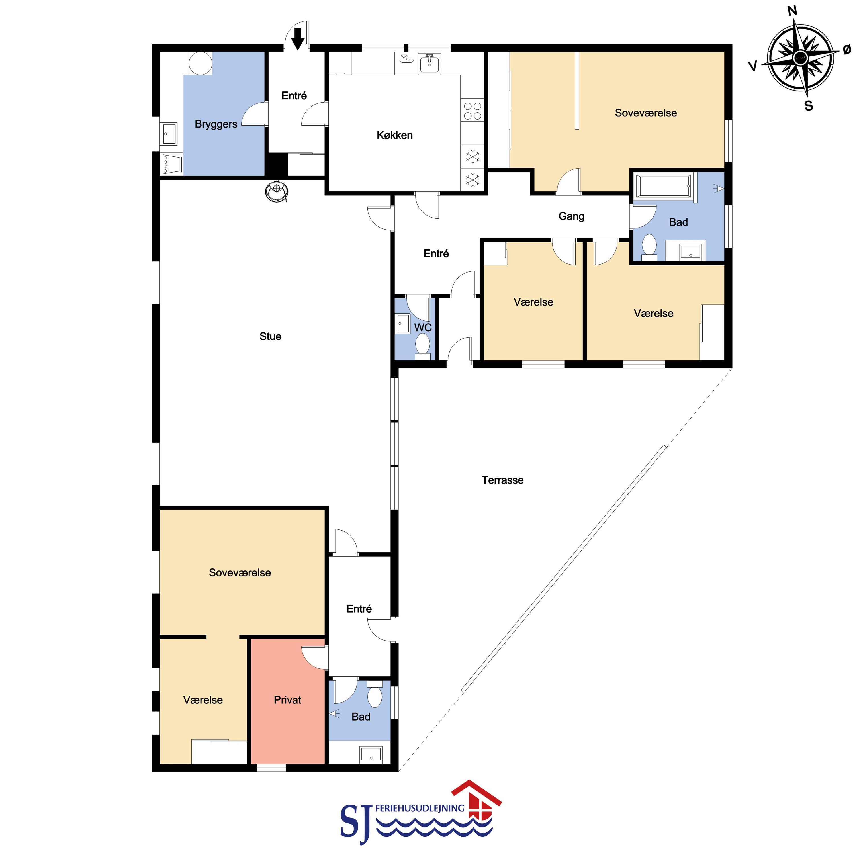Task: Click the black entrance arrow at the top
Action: coord(298,38)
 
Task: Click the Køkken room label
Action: coord(395,135)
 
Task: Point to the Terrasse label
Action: coord(503,480)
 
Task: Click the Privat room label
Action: coord(287,700)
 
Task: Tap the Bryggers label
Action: coord(216,124)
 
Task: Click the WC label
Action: coord(423,327)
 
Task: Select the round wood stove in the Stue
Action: coord(277,191)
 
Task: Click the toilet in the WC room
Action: coord(422,346)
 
